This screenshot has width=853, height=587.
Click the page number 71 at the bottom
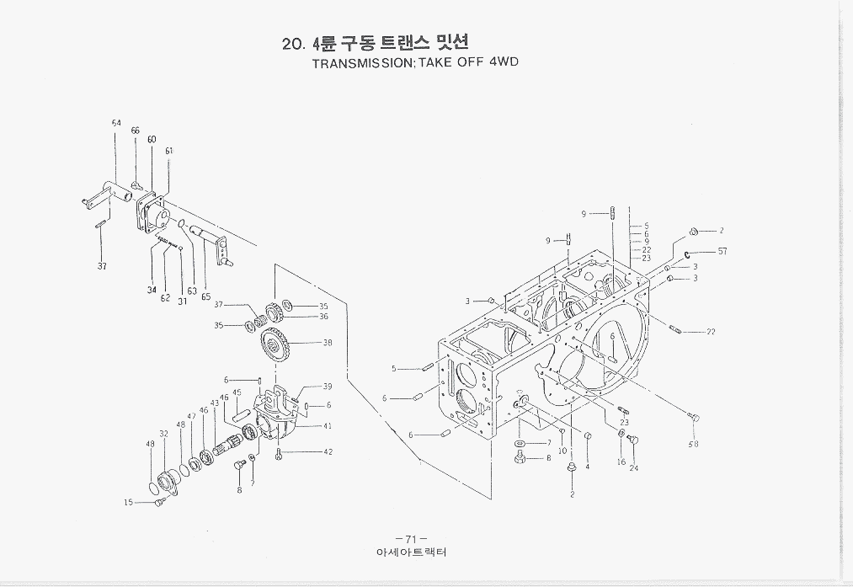pyautogui.click(x=411, y=539)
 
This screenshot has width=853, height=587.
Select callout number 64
pyautogui.click(x=116, y=123)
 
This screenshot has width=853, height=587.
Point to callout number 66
pyautogui.click(x=135, y=131)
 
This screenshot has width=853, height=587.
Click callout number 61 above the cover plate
pyautogui.click(x=169, y=151)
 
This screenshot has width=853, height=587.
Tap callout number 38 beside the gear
pyautogui.click(x=328, y=343)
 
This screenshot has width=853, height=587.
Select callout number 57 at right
pyautogui.click(x=722, y=251)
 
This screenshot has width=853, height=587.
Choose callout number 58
pyautogui.click(x=693, y=444)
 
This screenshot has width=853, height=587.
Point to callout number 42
pyautogui.click(x=328, y=452)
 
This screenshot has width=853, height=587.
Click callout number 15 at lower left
pyautogui.click(x=128, y=503)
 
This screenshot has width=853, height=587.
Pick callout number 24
pyautogui.click(x=633, y=468)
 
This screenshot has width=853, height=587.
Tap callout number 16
pyautogui.click(x=621, y=462)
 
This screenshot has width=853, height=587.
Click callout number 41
pyautogui.click(x=328, y=426)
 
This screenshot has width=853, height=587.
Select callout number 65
pyautogui.click(x=205, y=297)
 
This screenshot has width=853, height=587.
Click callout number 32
pyautogui.click(x=163, y=434)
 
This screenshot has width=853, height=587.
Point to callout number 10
pyautogui.click(x=562, y=451)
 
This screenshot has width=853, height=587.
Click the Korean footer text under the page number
pyautogui.click(x=411, y=553)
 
